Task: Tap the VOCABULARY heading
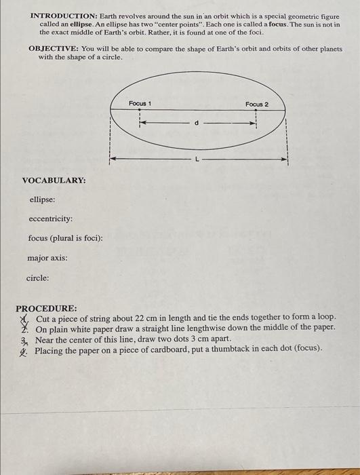pyautogui.click(x=54, y=180)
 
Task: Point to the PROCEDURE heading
pyautogui.click(x=46, y=308)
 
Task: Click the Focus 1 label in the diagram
pyautogui.click(x=140, y=102)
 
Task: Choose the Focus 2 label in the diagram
pyautogui.click(x=257, y=104)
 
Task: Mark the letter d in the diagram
pyautogui.click(x=197, y=123)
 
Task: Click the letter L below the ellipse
pyautogui.click(x=197, y=158)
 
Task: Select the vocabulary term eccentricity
pyautogui.click(x=50, y=219)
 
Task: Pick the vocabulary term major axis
pyautogui.click(x=47, y=258)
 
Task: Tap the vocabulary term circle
pyautogui.click(x=37, y=278)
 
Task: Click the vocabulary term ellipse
pyautogui.click(x=42, y=199)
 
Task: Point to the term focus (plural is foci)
pyautogui.click(x=65, y=238)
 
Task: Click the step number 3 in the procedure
pyautogui.click(x=23, y=339)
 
